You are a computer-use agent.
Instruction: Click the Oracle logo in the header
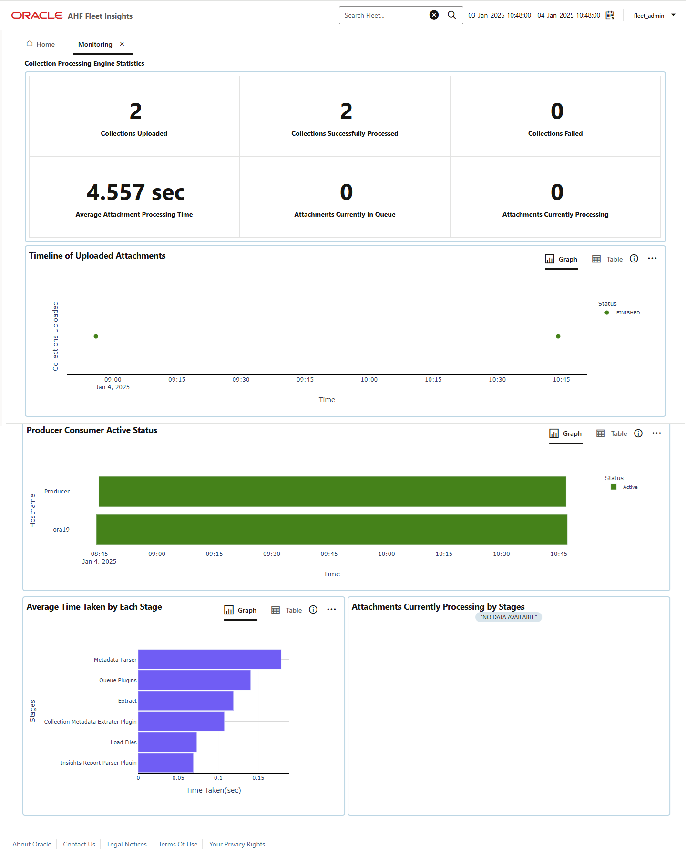[37, 15]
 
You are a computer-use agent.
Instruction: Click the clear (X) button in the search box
[434, 15]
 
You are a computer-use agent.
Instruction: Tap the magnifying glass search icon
[451, 15]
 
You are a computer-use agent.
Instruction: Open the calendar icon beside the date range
[610, 15]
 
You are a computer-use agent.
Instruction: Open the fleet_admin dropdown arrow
[673, 15]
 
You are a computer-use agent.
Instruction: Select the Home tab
[41, 44]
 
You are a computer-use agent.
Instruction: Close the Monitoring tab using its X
[122, 44]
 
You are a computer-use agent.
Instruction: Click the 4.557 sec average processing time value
[136, 192]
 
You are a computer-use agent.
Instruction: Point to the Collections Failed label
[555, 133]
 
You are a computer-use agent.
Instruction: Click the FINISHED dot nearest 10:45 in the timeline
[558, 336]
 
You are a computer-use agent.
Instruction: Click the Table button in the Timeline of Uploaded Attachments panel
[607, 259]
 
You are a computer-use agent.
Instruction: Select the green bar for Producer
[332, 492]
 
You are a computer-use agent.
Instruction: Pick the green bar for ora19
[332, 530]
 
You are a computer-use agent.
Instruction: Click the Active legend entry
[625, 487]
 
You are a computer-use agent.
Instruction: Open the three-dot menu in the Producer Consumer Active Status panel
[656, 433]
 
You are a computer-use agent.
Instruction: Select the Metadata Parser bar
[209, 659]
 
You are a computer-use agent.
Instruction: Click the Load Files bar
[167, 742]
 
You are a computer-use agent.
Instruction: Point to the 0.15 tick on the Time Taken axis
[258, 778]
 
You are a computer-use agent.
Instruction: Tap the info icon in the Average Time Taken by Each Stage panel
[313, 610]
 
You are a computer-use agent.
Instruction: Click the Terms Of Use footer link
[178, 844]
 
